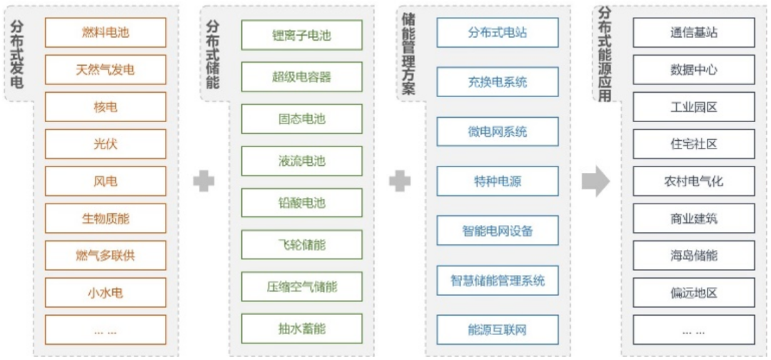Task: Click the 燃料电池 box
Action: point(106,32)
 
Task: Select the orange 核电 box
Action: point(106,106)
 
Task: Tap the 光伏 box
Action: point(106,144)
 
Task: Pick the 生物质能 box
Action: point(106,218)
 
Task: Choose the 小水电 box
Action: point(106,292)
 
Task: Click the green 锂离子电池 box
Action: point(301,35)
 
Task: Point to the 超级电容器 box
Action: point(301,76)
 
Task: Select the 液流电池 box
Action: point(301,161)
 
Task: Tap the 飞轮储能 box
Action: point(301,245)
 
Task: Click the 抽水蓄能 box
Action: point(301,329)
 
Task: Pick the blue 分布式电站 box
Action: point(498,33)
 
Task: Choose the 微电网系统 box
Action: point(498,132)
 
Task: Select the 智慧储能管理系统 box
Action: point(498,280)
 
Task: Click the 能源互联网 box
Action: point(498,330)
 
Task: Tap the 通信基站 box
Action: point(694,33)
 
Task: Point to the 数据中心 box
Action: point(694,70)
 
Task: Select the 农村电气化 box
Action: point(694,181)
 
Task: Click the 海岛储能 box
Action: point(694,255)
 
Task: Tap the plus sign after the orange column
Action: point(203,181)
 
